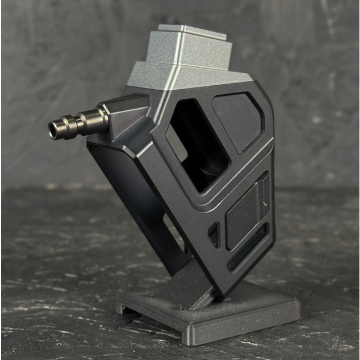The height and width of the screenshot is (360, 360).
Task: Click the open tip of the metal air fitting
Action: [54, 131]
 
